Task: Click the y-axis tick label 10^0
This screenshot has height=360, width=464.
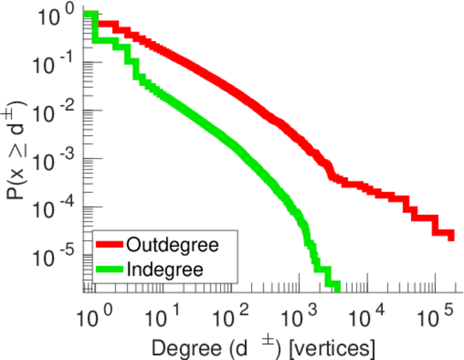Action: pos(57,16)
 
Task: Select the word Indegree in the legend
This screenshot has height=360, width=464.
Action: pos(164,269)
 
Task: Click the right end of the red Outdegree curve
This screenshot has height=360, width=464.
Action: pos(451,236)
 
